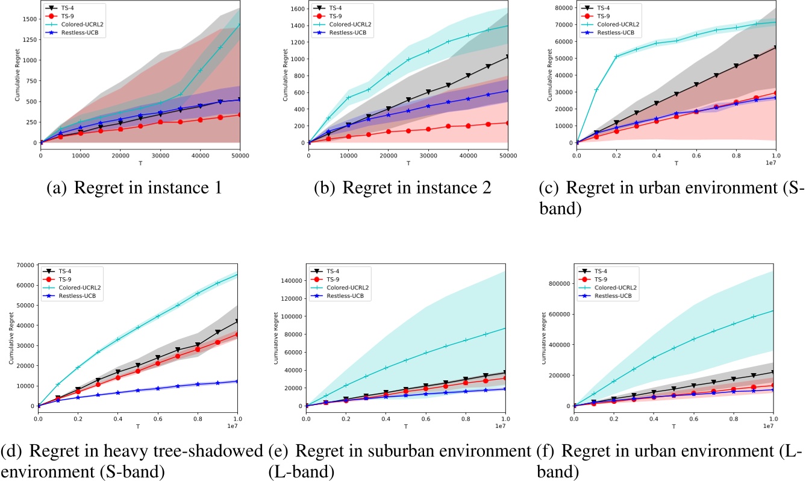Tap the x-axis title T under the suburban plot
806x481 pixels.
[405, 427]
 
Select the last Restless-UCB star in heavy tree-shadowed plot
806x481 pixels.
[237, 381]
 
